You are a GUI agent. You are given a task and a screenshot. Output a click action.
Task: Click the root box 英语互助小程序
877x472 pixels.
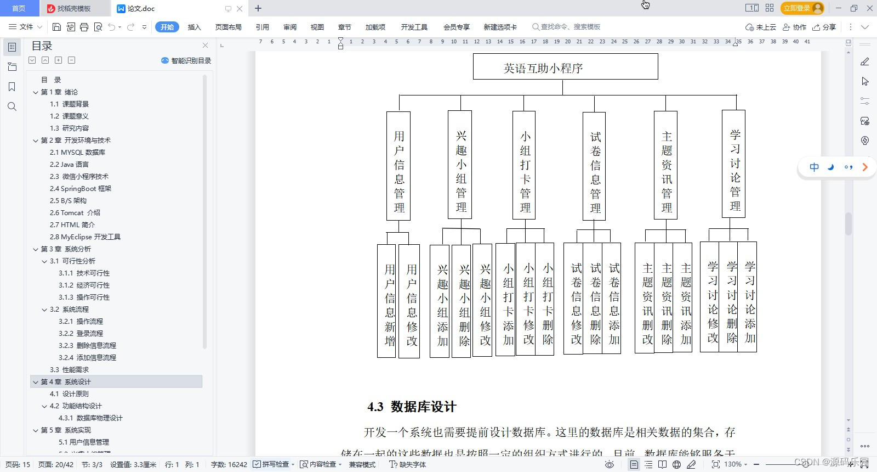565,67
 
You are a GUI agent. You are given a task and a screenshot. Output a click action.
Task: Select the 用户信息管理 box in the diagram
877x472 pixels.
398,166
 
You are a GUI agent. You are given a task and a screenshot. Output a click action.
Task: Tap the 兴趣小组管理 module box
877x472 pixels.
460,165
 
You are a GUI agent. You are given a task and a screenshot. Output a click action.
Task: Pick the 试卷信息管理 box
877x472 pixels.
594,166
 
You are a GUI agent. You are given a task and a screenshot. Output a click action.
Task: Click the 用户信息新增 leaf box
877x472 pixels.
387,301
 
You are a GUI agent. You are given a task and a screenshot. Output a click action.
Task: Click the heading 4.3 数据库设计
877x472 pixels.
412,407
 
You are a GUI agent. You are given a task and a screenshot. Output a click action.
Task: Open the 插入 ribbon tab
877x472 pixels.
194,27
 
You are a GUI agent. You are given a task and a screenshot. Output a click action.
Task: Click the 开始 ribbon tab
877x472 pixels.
167,27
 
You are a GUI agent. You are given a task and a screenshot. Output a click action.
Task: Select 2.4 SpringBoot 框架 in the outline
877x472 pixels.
81,188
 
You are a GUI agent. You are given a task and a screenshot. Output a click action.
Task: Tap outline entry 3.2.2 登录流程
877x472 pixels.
81,333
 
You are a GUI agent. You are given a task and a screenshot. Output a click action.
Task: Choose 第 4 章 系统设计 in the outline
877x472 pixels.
66,381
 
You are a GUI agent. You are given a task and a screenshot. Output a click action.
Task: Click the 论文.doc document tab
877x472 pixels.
141,9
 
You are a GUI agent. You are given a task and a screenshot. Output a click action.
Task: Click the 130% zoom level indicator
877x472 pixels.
733,464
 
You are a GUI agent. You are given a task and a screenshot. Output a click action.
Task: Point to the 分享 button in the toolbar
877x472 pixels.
825,27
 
